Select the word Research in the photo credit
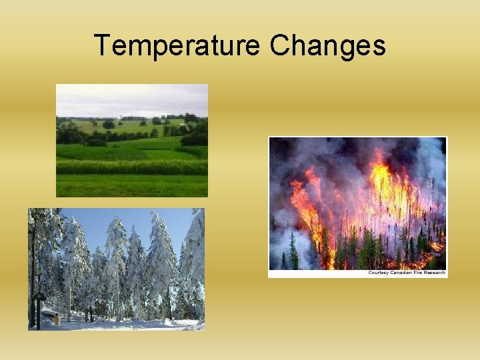[x=434, y=273]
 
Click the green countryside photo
[x=131, y=140]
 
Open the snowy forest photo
[x=116, y=269]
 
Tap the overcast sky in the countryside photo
[x=131, y=99]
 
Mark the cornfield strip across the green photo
[x=131, y=167]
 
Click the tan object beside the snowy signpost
[x=57, y=319]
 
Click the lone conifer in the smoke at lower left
[x=293, y=251]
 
